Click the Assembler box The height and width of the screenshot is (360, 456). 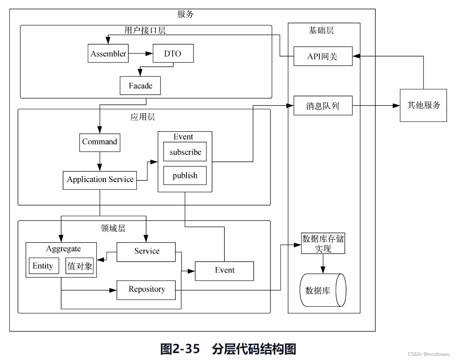click(108, 54)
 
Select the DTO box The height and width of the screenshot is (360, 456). click(173, 54)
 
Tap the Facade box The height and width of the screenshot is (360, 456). click(140, 86)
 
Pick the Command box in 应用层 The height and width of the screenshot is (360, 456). click(100, 142)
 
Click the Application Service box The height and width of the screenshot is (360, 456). click(100, 180)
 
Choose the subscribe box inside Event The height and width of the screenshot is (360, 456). click(185, 152)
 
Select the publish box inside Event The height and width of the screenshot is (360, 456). click(185, 176)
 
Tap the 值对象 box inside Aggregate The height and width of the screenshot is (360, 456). click(80, 266)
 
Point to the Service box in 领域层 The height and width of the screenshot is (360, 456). click(146, 252)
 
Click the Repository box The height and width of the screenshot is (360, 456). click(146, 290)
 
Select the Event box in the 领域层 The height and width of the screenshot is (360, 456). click(224, 271)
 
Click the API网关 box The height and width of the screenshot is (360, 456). click(323, 56)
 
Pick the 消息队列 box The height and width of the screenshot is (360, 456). click(323, 106)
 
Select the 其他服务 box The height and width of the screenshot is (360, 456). click(423, 105)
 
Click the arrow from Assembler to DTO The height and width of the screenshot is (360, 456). click(141, 53)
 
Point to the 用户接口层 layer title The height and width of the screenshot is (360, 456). click(145, 30)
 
